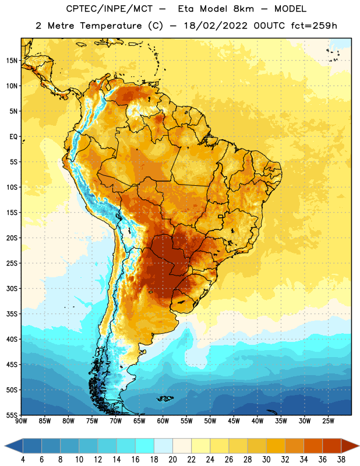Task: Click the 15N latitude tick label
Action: (x=12, y=61)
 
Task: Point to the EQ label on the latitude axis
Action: (x=13, y=137)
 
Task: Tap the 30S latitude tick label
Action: (x=12, y=288)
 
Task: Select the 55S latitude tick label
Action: (x=12, y=415)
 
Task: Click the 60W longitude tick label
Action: (x=163, y=421)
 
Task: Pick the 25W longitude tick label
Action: (x=328, y=421)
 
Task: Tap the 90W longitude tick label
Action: (x=21, y=421)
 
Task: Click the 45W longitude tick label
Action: (x=234, y=421)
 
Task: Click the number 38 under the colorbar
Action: (x=341, y=460)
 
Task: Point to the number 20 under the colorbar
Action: (x=172, y=460)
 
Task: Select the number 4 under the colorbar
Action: (x=23, y=460)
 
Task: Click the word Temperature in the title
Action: (x=111, y=26)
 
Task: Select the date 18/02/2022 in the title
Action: (x=216, y=26)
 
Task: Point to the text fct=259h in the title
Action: (x=314, y=26)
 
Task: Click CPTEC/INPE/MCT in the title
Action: (x=109, y=9)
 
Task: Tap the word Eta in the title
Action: (x=186, y=9)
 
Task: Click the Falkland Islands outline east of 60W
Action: (x=165, y=398)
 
